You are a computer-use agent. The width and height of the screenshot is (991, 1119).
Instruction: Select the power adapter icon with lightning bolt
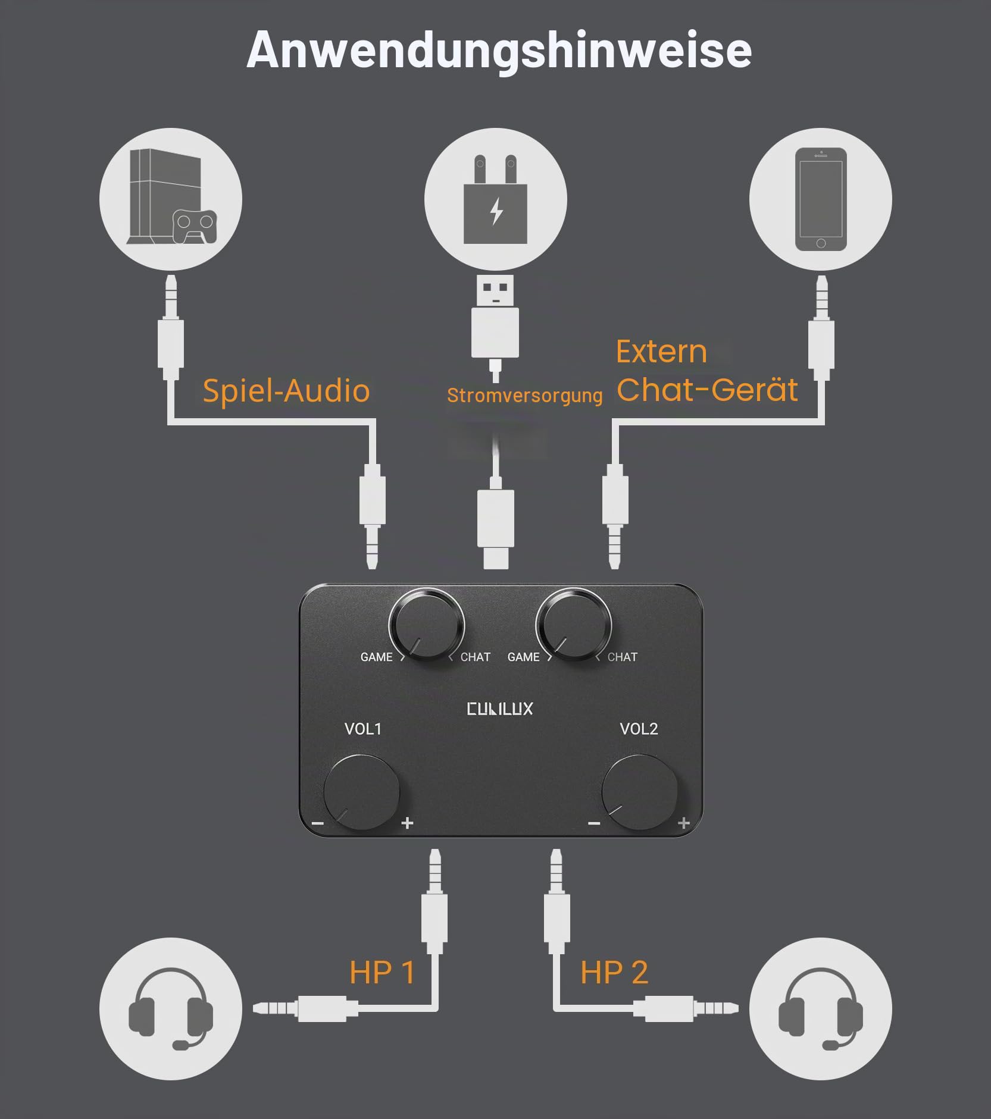(x=495, y=199)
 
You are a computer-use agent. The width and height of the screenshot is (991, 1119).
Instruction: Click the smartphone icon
(x=821, y=199)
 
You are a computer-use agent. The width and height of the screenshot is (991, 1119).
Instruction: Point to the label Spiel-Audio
(x=286, y=391)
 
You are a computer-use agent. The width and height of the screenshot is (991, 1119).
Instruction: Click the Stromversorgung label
(x=525, y=395)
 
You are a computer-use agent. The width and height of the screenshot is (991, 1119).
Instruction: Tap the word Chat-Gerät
(x=707, y=390)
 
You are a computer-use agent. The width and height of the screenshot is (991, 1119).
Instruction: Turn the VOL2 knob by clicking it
(x=640, y=792)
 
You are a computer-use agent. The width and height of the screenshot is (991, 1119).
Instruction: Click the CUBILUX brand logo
(x=500, y=709)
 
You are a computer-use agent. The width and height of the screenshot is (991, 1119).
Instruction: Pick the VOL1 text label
(x=363, y=729)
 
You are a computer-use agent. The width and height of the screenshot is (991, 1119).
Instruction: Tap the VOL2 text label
(x=639, y=729)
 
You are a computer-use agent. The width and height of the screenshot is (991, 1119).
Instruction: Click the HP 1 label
(x=382, y=973)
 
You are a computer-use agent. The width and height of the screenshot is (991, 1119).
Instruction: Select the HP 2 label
(x=614, y=973)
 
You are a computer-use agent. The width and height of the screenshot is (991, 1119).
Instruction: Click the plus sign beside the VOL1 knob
(x=407, y=823)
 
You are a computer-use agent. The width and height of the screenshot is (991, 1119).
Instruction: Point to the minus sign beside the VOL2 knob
(x=593, y=823)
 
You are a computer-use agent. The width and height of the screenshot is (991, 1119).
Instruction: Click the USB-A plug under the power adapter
(x=495, y=315)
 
